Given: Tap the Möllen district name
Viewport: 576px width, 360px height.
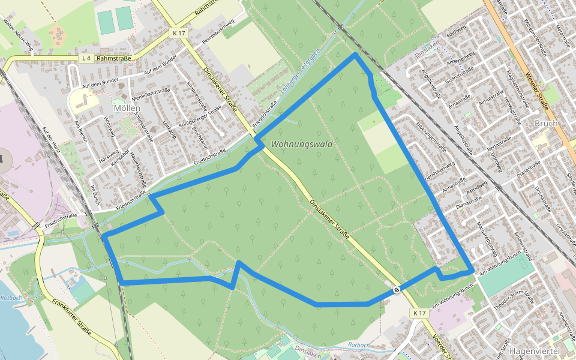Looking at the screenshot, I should [126, 108].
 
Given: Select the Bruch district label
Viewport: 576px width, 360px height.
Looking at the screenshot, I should [545, 123].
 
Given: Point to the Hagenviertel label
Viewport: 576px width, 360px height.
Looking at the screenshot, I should [534, 350].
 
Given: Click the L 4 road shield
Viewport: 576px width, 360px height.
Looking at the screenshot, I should [86, 58].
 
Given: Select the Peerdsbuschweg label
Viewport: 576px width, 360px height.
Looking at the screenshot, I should [220, 31].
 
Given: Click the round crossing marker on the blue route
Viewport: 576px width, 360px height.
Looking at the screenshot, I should [397, 290].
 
